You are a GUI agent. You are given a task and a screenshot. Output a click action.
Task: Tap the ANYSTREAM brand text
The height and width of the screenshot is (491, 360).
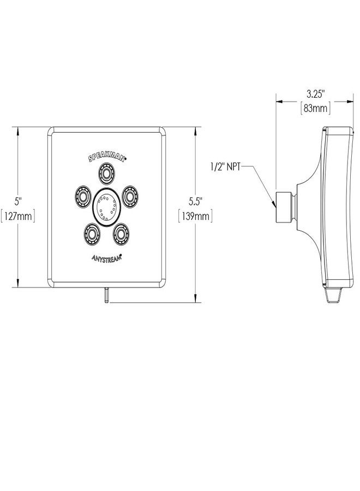point(106,258)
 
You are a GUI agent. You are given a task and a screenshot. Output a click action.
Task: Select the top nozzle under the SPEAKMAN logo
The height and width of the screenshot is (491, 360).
point(107,172)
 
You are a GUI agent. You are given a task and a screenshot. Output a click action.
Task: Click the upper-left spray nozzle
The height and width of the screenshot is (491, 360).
point(83,196)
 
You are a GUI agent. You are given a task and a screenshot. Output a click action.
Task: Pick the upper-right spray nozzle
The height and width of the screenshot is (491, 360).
point(130,196)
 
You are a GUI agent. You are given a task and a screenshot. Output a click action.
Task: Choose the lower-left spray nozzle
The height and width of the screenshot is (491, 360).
point(92,233)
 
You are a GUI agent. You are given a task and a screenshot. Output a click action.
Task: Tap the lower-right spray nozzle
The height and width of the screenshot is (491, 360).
point(122,233)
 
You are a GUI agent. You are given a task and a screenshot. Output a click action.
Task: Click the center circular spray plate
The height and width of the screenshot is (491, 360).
point(106,207)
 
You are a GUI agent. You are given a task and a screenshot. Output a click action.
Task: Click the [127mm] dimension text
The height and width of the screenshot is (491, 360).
point(17,216)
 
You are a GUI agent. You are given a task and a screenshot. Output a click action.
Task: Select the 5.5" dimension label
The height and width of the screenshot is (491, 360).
point(196,201)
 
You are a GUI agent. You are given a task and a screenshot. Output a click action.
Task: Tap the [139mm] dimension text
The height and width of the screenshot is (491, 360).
point(196,216)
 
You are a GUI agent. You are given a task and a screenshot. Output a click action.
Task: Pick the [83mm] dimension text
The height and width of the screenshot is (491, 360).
point(316,109)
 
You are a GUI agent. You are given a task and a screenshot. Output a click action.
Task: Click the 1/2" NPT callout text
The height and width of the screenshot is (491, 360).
point(225,166)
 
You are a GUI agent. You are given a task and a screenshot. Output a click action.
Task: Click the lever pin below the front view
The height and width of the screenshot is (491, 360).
point(107,295)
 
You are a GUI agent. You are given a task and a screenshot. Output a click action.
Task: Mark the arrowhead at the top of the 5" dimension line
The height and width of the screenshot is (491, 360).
point(18,130)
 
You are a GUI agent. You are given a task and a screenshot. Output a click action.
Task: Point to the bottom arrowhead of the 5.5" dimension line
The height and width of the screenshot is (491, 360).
point(196,298)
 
